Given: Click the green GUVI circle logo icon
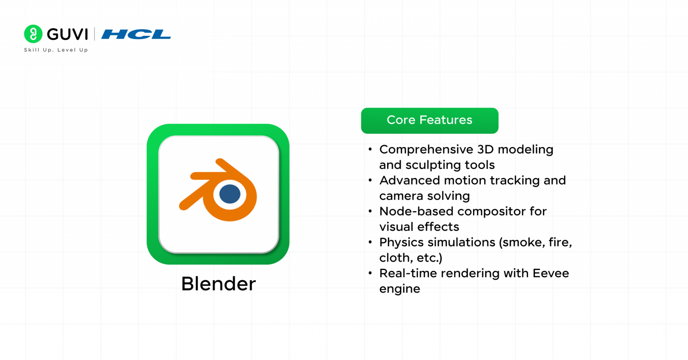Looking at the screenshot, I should coord(33,34).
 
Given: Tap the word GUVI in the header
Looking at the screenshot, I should coord(67,34).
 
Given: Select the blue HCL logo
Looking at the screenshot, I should coord(136,34).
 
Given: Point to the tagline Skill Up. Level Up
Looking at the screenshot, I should coord(56,50).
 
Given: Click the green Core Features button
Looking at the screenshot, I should coord(430,120).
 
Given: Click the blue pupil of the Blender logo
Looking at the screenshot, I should coord(230,194).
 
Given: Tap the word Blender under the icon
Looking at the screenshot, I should coord(218,284).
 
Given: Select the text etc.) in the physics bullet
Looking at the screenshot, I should coord(430,258).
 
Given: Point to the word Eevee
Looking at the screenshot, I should coord(551,273).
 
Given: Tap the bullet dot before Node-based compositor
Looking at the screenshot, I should coord(370,211).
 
